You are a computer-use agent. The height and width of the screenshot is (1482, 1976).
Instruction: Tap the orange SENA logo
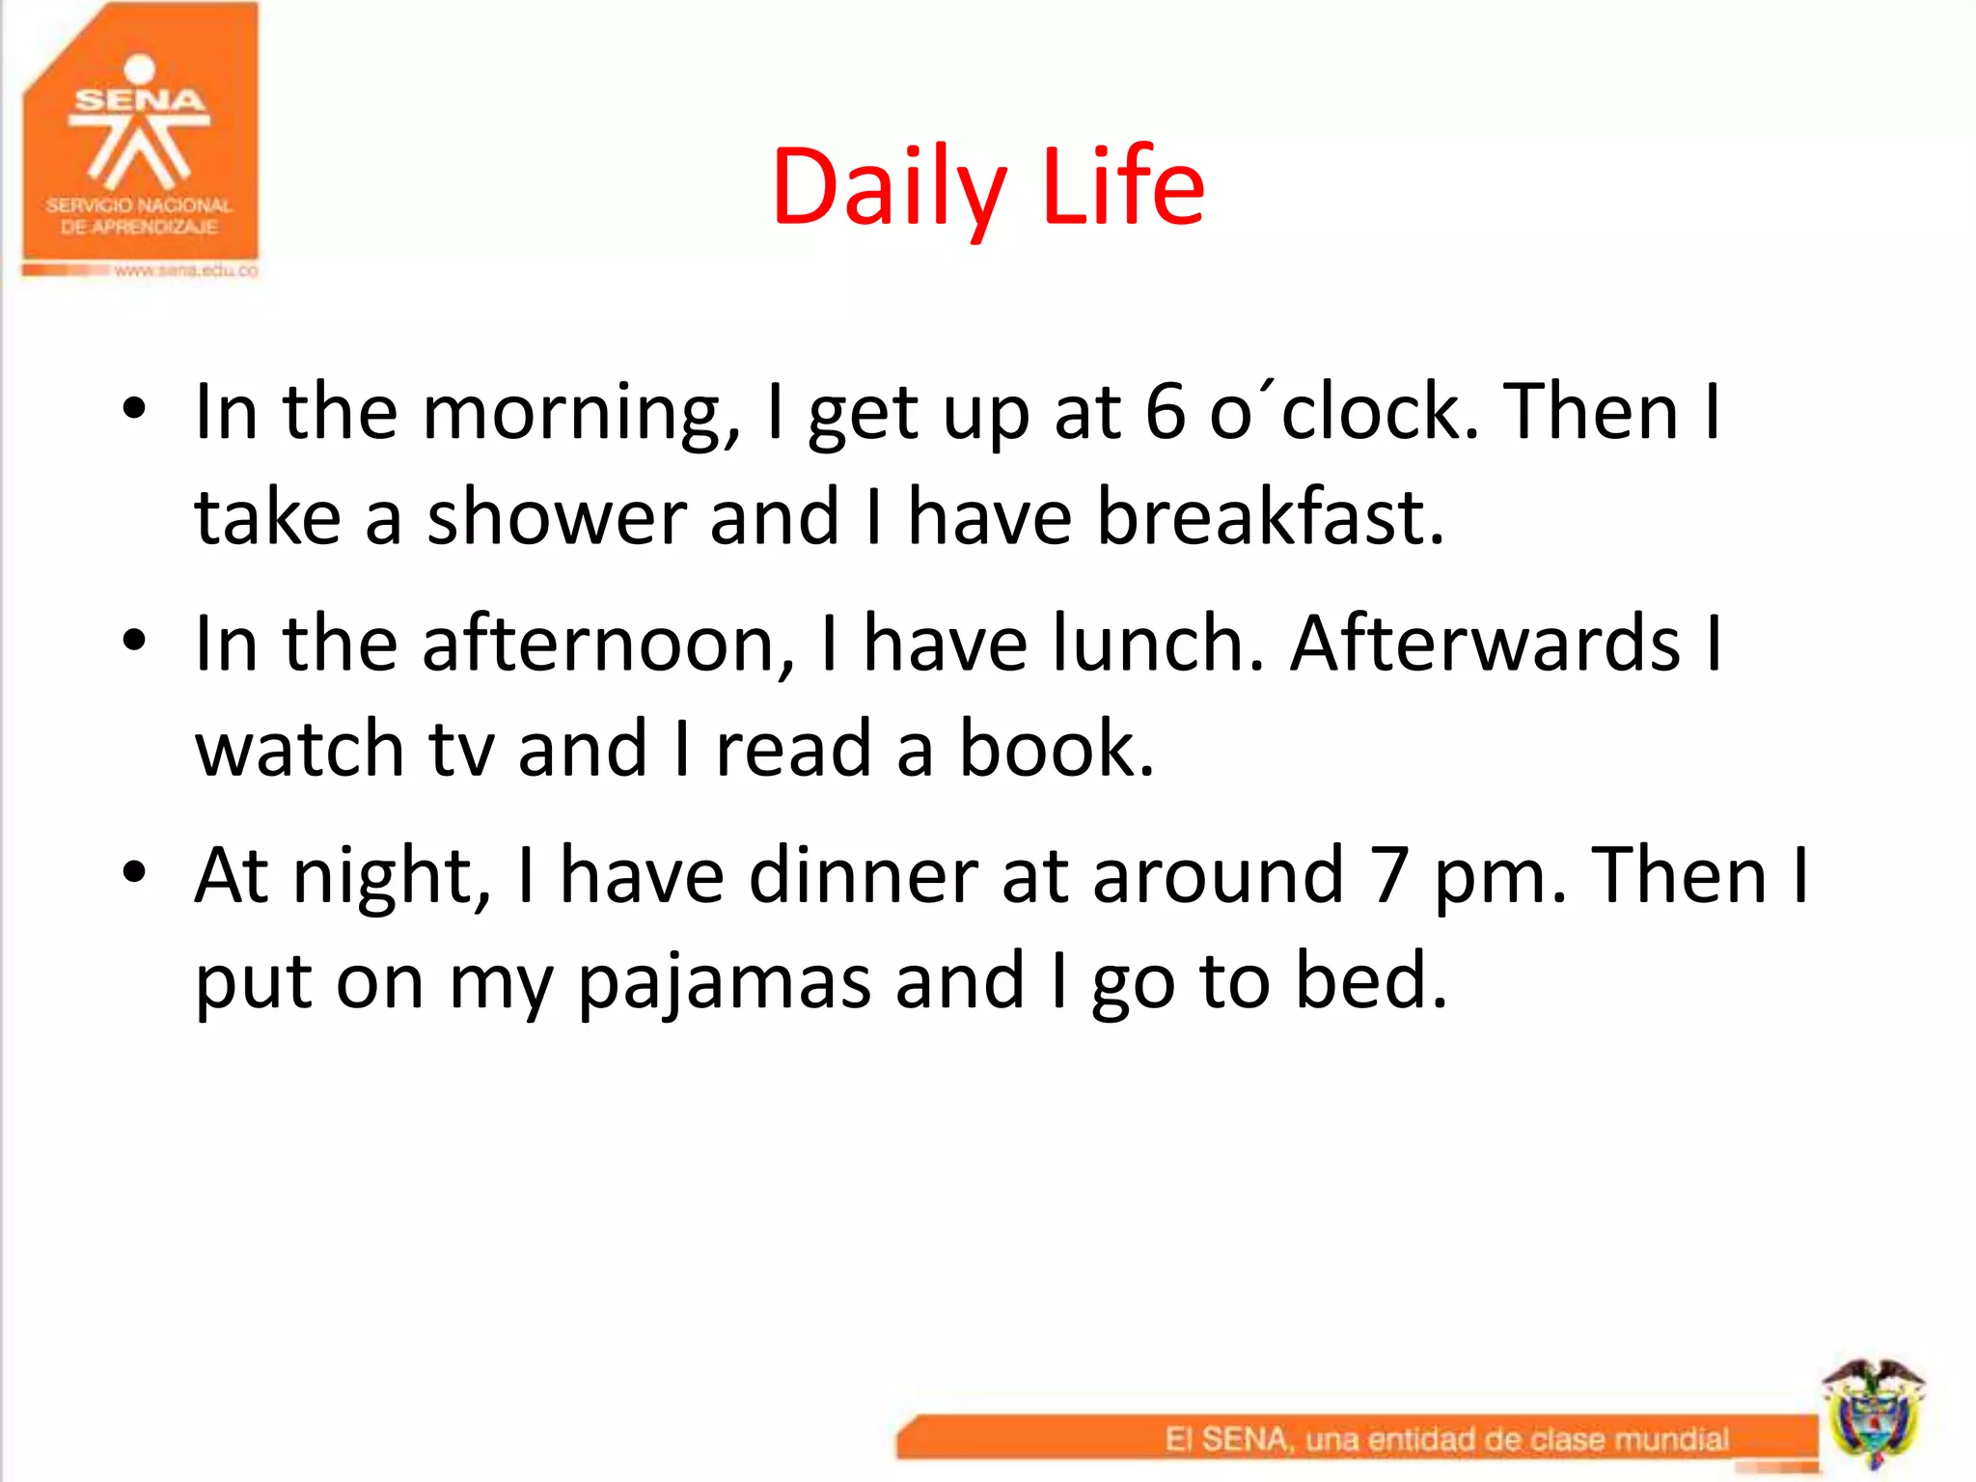141,135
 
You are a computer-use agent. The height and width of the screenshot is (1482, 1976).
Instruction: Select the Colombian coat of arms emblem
1873,1413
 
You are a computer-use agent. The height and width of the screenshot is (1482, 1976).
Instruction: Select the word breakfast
1270,517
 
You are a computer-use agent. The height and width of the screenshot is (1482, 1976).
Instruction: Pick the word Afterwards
1486,644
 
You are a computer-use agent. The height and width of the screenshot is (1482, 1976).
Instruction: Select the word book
1056,749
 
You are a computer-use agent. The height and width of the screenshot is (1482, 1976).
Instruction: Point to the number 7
1389,876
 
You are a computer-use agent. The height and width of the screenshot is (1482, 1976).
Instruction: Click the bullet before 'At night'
134,872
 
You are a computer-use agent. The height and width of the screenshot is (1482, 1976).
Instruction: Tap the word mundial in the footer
1671,1440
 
